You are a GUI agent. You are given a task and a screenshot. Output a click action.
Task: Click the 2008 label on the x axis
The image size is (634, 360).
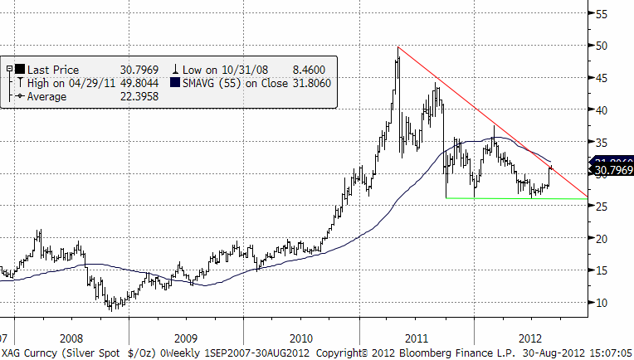(71, 338)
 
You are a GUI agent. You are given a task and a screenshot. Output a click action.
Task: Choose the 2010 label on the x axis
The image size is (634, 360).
(300, 338)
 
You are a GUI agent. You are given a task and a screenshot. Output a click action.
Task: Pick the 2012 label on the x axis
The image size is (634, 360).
(530, 338)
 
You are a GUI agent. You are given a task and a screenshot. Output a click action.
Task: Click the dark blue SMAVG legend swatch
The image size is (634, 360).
(176, 83)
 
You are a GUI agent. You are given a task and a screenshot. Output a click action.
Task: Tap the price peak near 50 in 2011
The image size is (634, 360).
(398, 48)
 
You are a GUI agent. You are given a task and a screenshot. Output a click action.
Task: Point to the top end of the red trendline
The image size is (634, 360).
(399, 47)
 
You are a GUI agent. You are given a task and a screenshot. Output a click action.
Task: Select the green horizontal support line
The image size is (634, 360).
(515, 198)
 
